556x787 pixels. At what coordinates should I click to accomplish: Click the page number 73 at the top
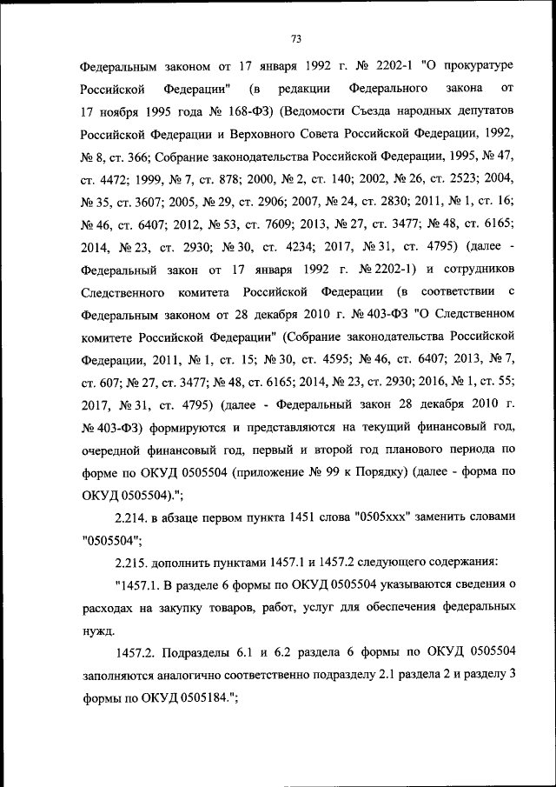[295, 39]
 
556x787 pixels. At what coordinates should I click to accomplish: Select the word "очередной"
[109, 450]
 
